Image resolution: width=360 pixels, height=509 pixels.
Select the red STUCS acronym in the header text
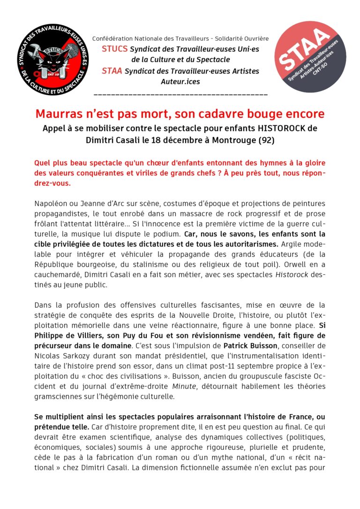point(114,48)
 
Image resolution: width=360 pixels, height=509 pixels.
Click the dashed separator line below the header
point(180,95)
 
